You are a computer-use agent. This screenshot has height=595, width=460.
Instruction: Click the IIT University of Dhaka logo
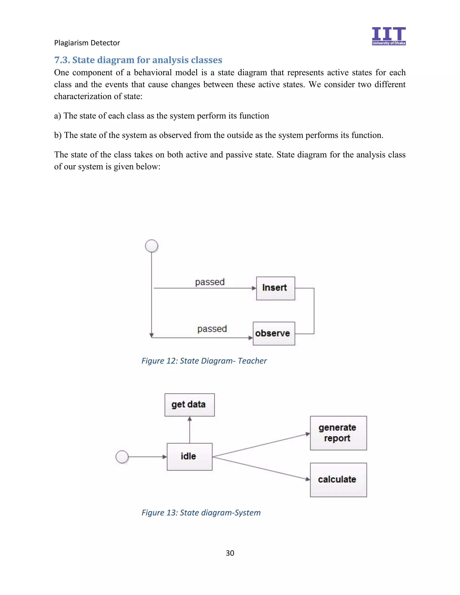pos(389,36)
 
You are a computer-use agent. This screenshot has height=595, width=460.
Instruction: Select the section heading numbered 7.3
pos(138,60)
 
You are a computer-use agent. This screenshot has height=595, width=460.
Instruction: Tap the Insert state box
pos(275,288)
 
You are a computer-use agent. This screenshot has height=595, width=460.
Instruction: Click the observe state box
pos(274,333)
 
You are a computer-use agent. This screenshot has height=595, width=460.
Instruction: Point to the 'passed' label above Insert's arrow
pos(210,282)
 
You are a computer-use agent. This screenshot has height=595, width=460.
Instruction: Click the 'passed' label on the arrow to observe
pos(212,329)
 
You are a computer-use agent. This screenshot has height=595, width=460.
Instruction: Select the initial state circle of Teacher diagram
pos(152,246)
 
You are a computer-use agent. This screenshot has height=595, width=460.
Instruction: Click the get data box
pos(189,405)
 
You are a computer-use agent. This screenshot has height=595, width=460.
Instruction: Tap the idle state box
pos(189,457)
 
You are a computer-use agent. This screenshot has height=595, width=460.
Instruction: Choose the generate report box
pos(338,433)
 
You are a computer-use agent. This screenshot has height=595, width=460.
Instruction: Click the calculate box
pos(338,480)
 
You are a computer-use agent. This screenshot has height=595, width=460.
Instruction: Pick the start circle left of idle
pos(122,457)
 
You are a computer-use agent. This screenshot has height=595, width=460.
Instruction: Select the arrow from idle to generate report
pos(261,445)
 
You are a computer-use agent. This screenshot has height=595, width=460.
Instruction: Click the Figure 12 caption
pos(204,361)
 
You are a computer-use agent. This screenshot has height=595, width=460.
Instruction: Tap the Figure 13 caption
pos(201,513)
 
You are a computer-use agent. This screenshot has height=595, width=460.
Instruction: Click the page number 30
pos(230,553)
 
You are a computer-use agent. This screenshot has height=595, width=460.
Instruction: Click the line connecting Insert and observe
pos(314,311)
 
